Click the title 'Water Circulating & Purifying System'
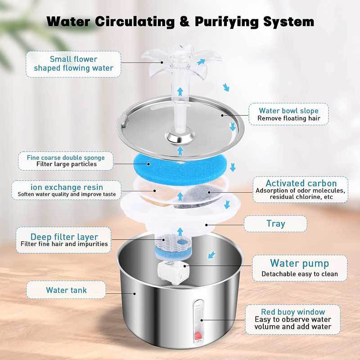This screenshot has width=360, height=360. [x=180, y=21]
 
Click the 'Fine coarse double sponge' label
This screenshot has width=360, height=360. [x=67, y=161]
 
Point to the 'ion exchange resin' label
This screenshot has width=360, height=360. [x=67, y=190]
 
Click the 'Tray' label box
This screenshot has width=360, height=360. [x=275, y=223]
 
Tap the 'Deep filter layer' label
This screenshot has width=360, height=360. [x=64, y=240]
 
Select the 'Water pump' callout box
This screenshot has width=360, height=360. [x=299, y=268]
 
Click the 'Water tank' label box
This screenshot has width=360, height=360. [x=66, y=290]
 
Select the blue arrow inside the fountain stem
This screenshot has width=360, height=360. [x=180, y=91]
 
